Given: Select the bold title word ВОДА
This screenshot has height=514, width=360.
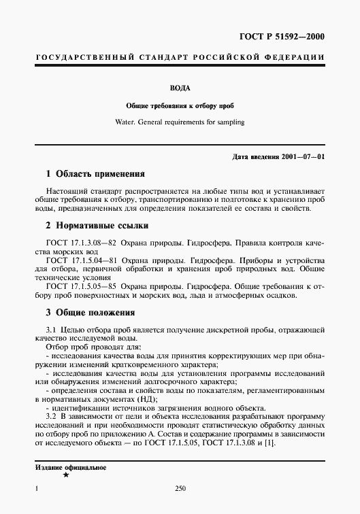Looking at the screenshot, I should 180,88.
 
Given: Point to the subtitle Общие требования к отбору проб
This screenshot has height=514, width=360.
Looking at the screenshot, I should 180,107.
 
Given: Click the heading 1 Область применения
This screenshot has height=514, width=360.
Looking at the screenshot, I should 91,175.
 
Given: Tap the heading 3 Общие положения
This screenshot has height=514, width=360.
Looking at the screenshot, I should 85,313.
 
